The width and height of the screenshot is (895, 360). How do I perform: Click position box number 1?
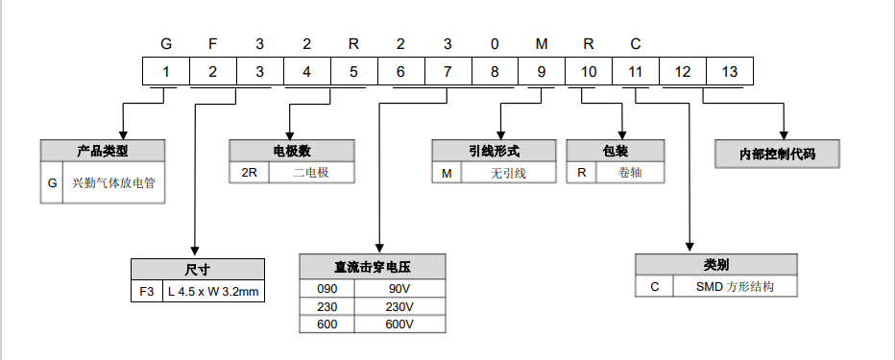pyautogui.click(x=166, y=72)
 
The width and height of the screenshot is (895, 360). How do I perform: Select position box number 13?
pyautogui.click(x=730, y=72)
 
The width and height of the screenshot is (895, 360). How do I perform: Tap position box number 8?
pyautogui.click(x=495, y=72)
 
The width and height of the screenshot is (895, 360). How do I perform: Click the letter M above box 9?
pyautogui.click(x=542, y=45)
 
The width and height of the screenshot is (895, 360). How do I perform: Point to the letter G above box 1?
pyautogui.click(x=166, y=45)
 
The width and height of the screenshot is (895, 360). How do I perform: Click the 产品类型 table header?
pyautogui.click(x=103, y=151)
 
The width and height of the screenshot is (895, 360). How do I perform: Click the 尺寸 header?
pyautogui.click(x=197, y=269)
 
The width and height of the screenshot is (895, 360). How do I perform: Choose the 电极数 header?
pyautogui.click(x=292, y=151)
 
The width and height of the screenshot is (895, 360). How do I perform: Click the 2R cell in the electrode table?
pyautogui.click(x=248, y=174)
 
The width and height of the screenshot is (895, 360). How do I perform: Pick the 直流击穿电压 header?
pyautogui.click(x=373, y=268)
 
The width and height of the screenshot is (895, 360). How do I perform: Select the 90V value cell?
pyautogui.click(x=399, y=289)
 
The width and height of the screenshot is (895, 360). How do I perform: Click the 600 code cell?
pyautogui.click(x=327, y=324)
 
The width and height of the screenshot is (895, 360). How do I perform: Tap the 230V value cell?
pyautogui.click(x=399, y=306)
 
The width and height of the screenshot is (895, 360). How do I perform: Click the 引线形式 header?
pyautogui.click(x=494, y=151)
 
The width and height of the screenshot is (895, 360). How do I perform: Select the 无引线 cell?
pyautogui.click(x=509, y=174)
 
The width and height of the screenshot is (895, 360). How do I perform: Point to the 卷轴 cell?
pyautogui.click(x=629, y=174)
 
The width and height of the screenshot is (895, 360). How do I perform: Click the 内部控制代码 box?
pyautogui.click(x=778, y=154)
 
